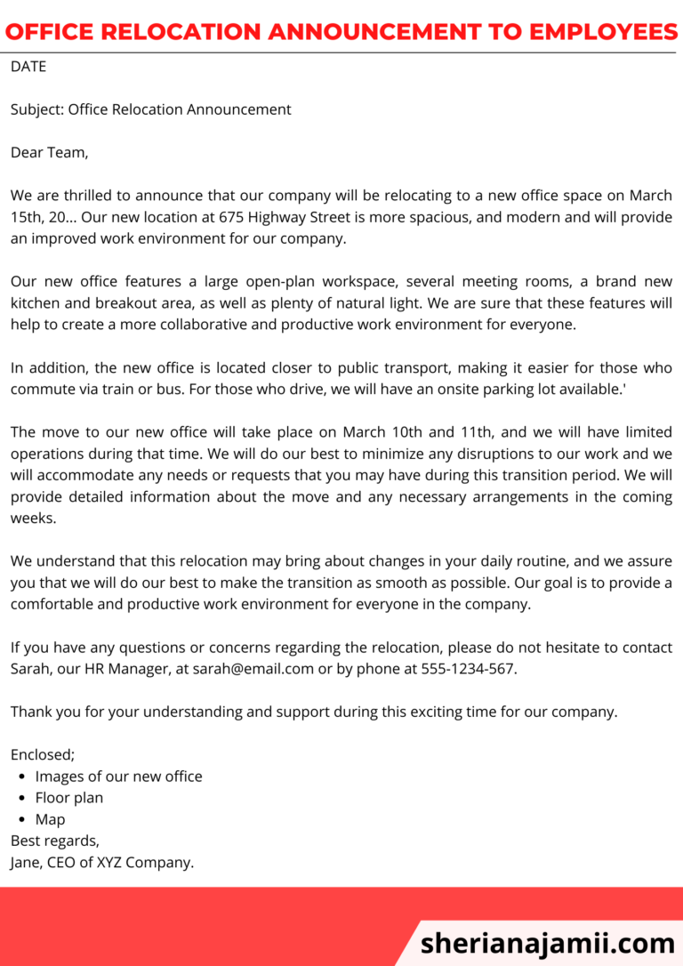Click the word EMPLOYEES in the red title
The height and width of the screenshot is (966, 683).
pyautogui.click(x=603, y=32)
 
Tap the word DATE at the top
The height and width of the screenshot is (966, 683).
pyautogui.click(x=28, y=67)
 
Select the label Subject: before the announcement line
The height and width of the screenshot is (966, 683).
pyautogui.click(x=36, y=109)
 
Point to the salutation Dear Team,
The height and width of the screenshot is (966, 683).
pyautogui.click(x=49, y=152)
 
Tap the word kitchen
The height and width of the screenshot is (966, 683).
pyautogui.click(x=35, y=302)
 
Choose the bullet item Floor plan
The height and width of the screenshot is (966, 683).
pyautogui.click(x=69, y=798)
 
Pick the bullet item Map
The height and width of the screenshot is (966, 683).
pyautogui.click(x=50, y=819)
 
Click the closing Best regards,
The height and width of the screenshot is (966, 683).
pyautogui.click(x=55, y=841)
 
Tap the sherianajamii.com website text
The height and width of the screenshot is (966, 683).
pyautogui.click(x=547, y=942)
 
